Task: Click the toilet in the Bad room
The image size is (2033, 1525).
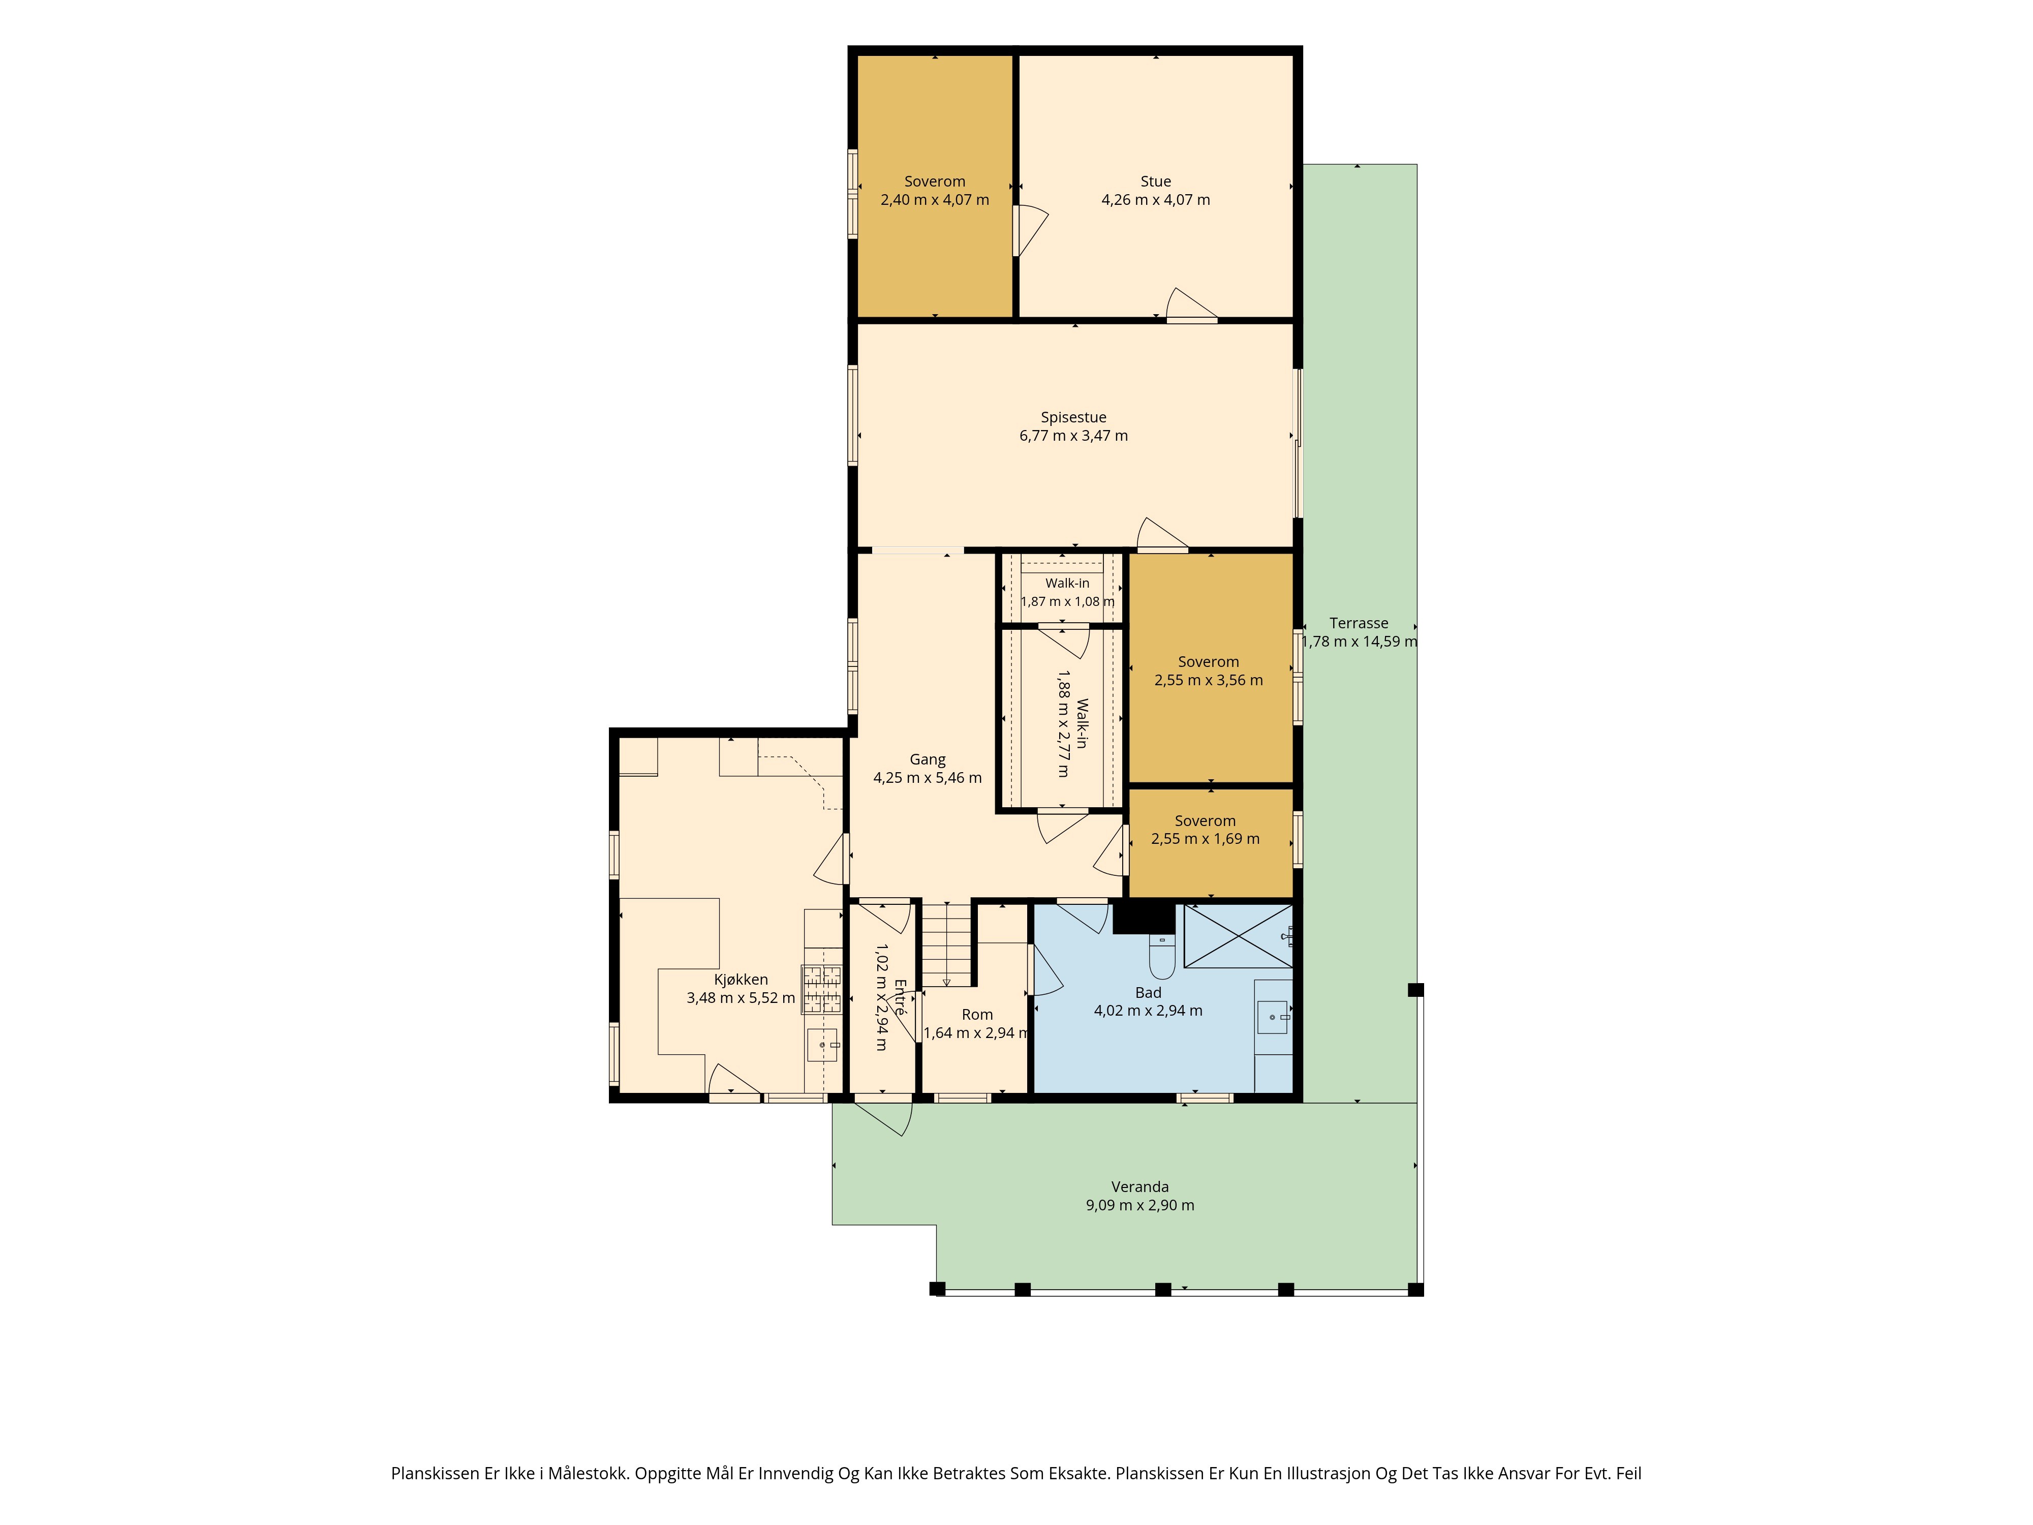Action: click(1162, 956)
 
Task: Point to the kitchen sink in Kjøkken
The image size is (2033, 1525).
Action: click(822, 1045)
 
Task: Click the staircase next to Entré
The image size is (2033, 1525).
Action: click(947, 944)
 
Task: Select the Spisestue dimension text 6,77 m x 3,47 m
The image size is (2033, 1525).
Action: click(1073, 436)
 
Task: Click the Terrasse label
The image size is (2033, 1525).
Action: click(1359, 623)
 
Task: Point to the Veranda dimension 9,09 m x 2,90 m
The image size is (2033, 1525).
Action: click(1139, 1205)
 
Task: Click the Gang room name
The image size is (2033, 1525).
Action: click(928, 760)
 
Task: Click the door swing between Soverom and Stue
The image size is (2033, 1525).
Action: click(1031, 230)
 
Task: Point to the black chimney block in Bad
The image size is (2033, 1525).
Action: click(1144, 918)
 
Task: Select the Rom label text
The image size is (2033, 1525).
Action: click(977, 1015)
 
